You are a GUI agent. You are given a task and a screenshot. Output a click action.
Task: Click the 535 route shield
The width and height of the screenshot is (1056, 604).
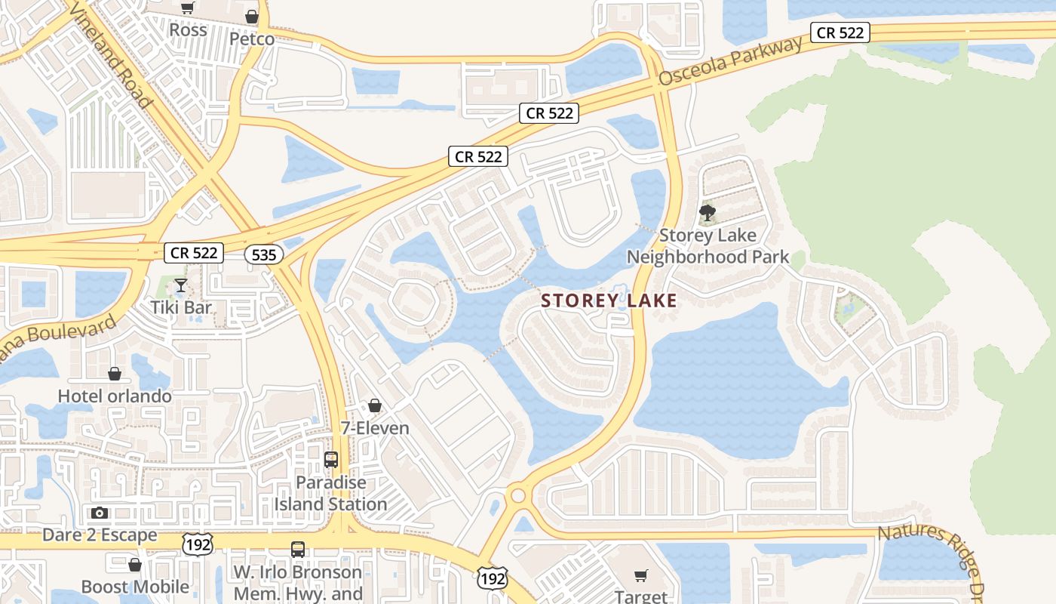click(x=264, y=254)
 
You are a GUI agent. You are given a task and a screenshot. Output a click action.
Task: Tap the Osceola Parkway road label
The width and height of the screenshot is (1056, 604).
click(x=731, y=60)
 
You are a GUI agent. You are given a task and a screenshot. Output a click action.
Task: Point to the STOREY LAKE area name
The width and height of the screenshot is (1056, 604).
click(x=609, y=300)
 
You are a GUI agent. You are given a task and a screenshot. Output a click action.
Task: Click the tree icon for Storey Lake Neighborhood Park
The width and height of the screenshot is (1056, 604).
click(x=707, y=213)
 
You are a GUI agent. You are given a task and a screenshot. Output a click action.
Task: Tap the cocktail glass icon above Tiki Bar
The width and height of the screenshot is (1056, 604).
click(x=180, y=285)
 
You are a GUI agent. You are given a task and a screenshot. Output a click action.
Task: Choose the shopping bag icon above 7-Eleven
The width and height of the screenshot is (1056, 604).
click(x=374, y=406)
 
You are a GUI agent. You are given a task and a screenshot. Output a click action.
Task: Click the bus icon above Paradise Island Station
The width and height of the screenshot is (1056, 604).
click(x=330, y=460)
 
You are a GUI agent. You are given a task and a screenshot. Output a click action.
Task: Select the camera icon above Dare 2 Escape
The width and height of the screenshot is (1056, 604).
click(x=99, y=513)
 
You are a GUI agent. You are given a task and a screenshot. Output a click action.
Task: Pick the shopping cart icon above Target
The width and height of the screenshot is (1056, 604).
click(x=640, y=576)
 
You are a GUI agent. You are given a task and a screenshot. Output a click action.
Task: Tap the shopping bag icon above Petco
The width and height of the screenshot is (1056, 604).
click(x=252, y=17)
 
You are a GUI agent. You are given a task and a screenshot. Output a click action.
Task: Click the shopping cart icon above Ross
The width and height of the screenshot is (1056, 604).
click(x=188, y=8)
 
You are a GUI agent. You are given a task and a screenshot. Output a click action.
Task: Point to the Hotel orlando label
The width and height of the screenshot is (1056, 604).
click(x=115, y=396)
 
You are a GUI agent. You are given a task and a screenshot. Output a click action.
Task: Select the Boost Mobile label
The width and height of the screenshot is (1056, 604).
click(x=135, y=587)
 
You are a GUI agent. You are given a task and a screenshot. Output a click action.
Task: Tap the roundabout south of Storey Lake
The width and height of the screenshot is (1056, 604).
click(x=517, y=495)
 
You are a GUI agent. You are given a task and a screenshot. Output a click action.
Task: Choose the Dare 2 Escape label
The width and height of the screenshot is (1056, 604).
click(x=100, y=535)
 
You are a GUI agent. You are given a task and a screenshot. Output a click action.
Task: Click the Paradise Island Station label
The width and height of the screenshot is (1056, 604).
click(x=330, y=493)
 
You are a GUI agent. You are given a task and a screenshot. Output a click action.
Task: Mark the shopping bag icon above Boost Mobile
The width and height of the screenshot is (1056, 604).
click(x=135, y=565)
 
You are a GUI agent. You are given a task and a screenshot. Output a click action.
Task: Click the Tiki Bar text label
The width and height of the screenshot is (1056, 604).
click(x=181, y=307)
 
